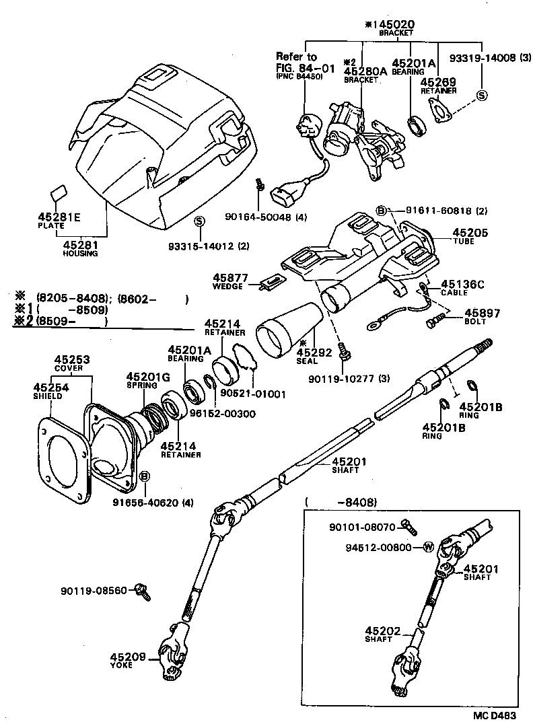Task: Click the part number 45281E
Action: point(59,217)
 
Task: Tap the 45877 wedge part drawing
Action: point(271,281)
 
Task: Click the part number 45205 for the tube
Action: point(456,233)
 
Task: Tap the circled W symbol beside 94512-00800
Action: point(427,546)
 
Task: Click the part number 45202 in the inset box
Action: point(382,630)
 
